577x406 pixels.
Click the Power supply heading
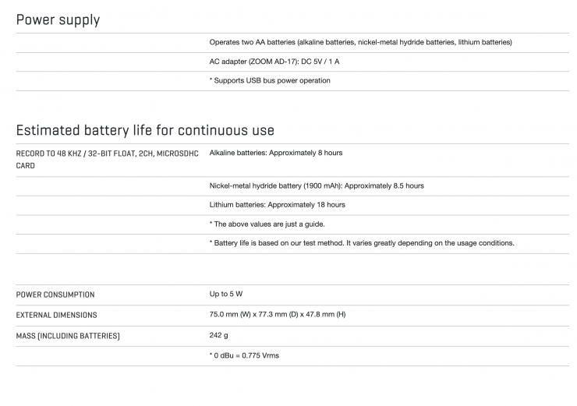58,19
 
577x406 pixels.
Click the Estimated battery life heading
144,129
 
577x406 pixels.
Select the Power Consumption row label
55,295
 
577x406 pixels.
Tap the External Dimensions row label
56,315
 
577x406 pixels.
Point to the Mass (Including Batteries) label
68,336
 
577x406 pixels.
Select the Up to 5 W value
226,294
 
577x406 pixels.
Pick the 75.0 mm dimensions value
277,315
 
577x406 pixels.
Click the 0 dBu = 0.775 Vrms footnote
244,355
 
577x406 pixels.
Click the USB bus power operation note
270,80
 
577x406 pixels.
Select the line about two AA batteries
360,42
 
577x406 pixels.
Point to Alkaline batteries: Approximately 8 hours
276,153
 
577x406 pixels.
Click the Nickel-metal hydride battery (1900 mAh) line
317,185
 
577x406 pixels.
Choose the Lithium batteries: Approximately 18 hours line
277,204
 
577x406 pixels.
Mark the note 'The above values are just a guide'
267,224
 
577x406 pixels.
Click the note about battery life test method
362,242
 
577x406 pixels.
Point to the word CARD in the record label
27,165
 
